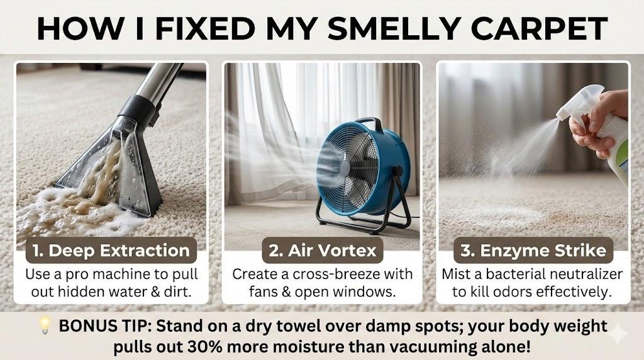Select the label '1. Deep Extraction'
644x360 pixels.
pyautogui.click(x=111, y=250)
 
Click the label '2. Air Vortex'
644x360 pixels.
pyautogui.click(x=323, y=250)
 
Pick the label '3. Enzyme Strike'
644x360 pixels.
pyautogui.click(x=533, y=250)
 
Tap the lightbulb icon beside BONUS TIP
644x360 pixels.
pyautogui.click(x=45, y=325)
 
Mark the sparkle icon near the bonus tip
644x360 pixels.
pyautogui.click(x=618, y=334)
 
